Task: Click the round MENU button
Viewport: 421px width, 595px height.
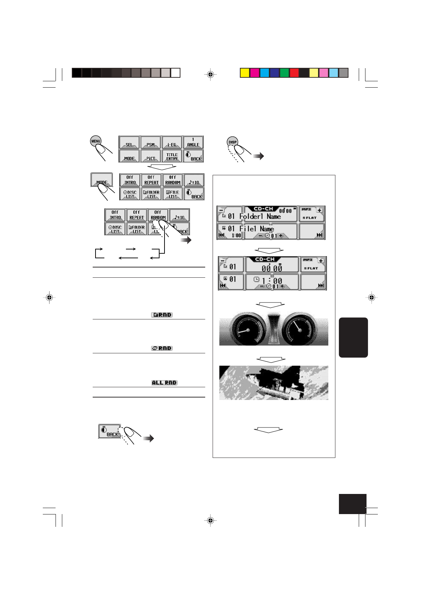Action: tap(96, 141)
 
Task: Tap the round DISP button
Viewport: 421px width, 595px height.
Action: tap(232, 142)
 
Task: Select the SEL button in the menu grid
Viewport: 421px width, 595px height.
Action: tap(129, 142)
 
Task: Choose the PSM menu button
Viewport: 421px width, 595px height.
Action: tap(151, 142)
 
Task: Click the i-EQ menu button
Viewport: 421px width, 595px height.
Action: tap(172, 142)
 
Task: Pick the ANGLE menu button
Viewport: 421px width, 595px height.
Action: tap(193, 142)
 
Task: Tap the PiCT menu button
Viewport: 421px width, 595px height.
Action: tap(151, 156)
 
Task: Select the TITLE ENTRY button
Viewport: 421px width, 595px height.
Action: tap(172, 156)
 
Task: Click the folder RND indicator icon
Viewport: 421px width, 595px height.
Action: tap(162, 315)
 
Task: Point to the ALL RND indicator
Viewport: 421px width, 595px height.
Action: tap(164, 383)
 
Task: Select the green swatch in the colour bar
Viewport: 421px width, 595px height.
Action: tap(284, 73)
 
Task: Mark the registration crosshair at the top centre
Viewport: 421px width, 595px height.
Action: tap(210, 75)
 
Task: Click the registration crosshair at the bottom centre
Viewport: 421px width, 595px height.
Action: tap(210, 520)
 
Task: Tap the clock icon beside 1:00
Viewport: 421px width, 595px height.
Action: tap(256, 279)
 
